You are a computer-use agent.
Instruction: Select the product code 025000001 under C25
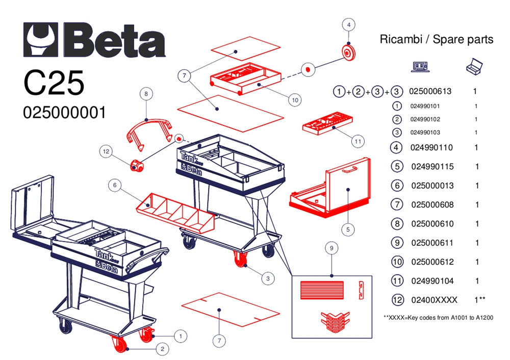tap(64, 112)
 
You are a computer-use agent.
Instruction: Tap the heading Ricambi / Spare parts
tap(437, 39)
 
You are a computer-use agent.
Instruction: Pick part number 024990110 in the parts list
tap(431, 147)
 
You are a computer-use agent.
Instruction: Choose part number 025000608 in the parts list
tap(432, 204)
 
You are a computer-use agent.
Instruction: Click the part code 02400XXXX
tap(434, 299)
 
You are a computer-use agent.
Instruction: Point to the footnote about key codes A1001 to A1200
tap(438, 317)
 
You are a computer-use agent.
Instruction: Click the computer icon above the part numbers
tap(420, 66)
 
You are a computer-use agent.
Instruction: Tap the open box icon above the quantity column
tap(474, 66)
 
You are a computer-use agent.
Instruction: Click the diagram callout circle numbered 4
tap(348, 24)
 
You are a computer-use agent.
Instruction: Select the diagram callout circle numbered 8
tap(146, 94)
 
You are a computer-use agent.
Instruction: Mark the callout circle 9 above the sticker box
tap(331, 248)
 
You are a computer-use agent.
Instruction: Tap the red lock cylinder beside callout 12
tap(136, 165)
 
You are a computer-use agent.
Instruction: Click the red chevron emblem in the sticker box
tap(334, 320)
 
